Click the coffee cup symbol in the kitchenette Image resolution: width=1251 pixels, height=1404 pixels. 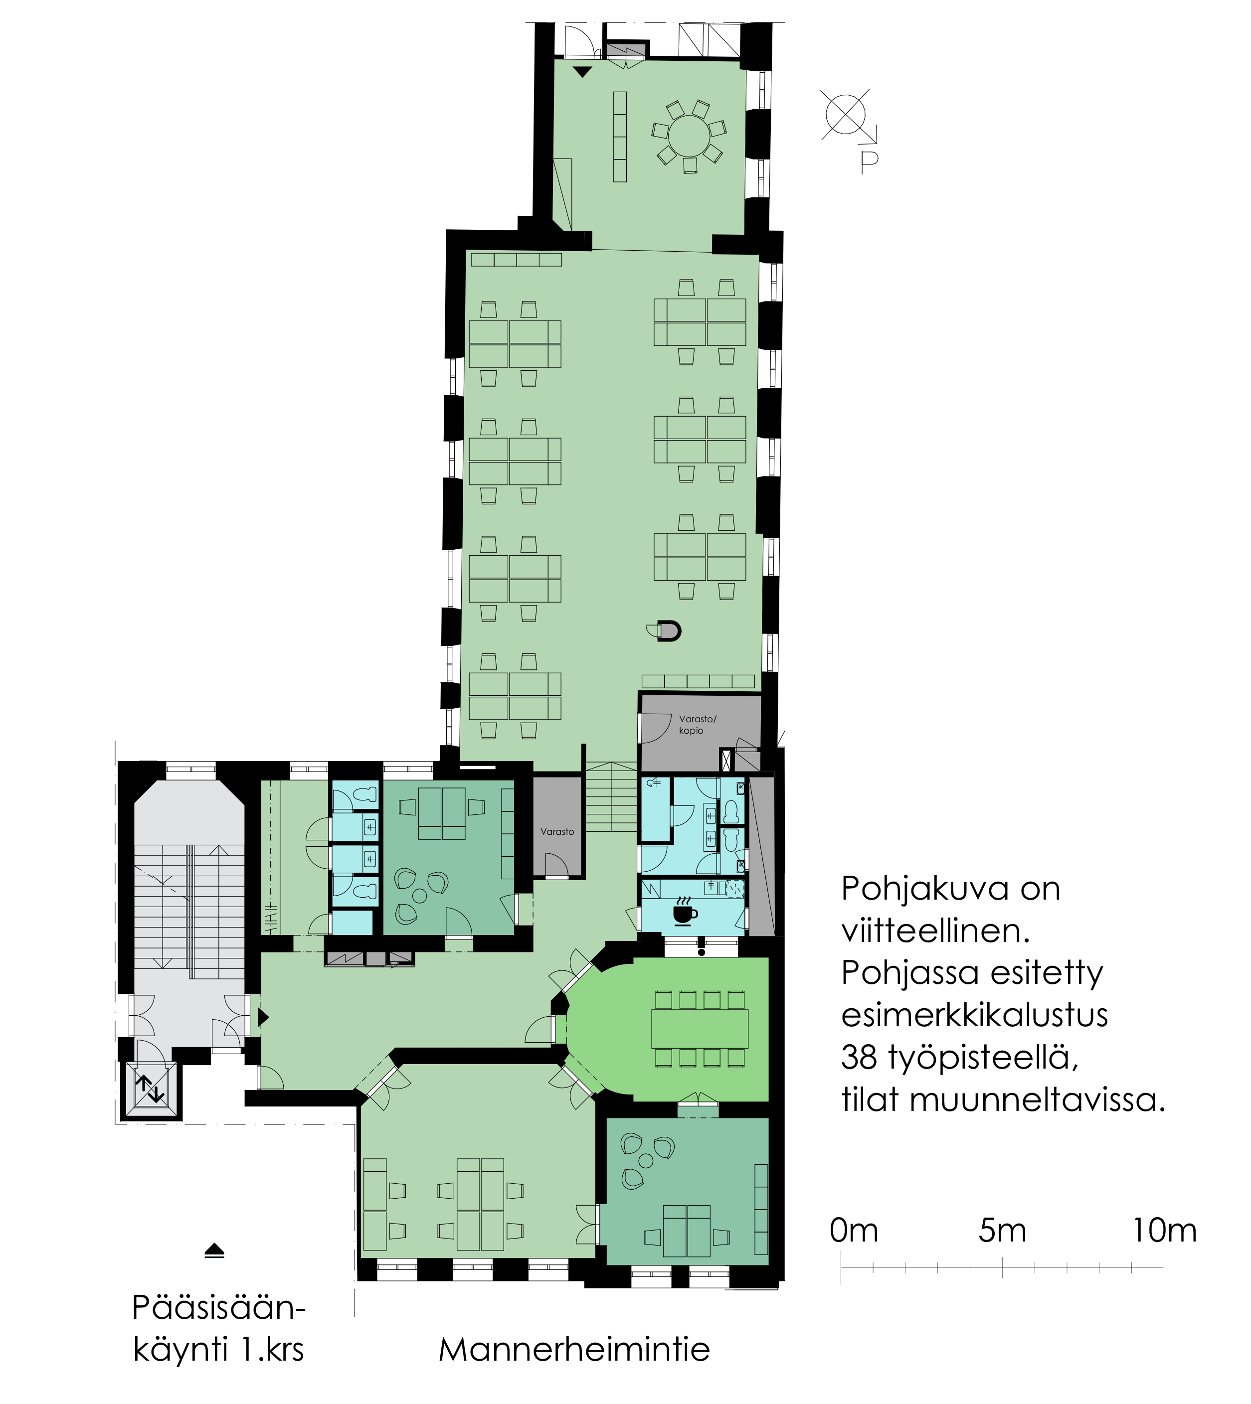coord(684,914)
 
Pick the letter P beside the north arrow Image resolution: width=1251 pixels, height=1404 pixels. coord(870,161)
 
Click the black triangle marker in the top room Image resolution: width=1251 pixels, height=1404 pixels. coord(582,71)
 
